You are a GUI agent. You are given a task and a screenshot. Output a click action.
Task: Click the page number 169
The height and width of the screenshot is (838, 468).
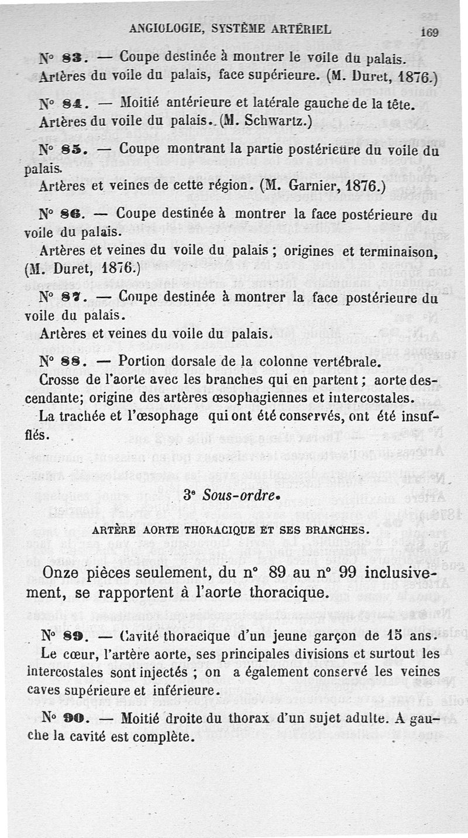(429, 33)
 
